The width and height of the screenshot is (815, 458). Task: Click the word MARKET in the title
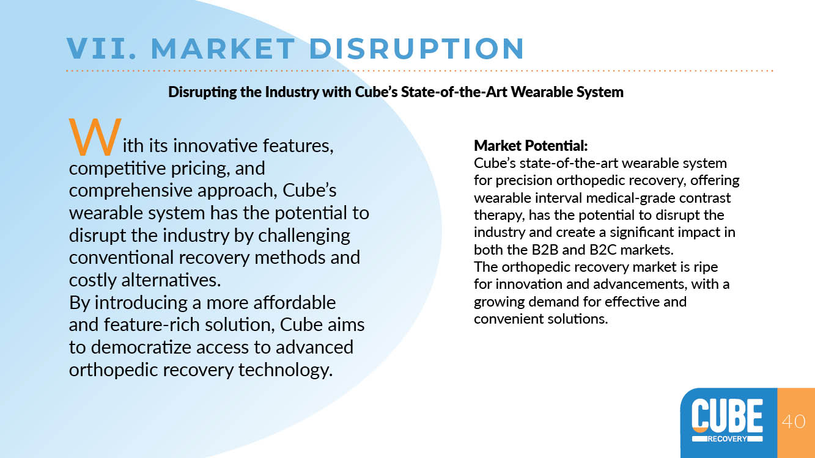[x=223, y=48]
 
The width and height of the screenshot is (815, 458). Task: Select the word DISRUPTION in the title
[x=416, y=48]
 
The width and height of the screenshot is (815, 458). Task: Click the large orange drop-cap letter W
[x=95, y=137]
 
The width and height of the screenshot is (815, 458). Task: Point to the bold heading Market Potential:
[x=531, y=146]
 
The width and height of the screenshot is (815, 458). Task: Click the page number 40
[x=794, y=421]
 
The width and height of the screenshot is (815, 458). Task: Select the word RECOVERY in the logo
[x=727, y=438]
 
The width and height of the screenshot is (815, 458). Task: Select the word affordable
[x=294, y=302]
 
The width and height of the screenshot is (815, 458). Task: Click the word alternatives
[x=171, y=280]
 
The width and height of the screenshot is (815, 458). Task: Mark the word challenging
[x=304, y=236]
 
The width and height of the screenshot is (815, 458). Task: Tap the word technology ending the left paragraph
[x=286, y=370]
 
